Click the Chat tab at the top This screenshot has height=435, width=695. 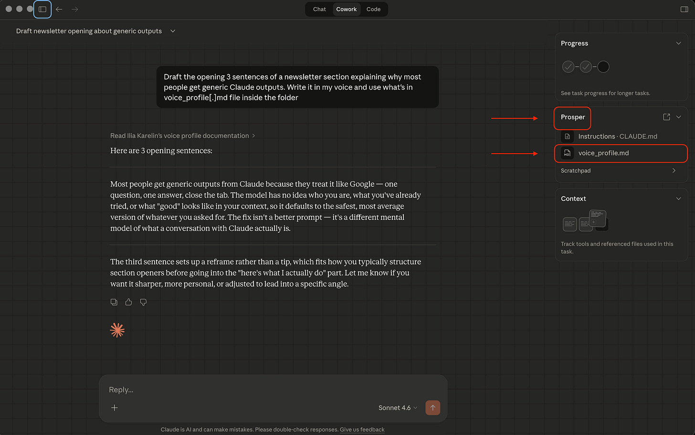(x=319, y=10)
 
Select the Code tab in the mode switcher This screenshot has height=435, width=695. (x=373, y=10)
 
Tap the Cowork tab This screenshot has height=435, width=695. (x=346, y=10)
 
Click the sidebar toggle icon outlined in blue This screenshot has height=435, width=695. (x=42, y=10)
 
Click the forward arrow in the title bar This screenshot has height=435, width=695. (x=75, y=10)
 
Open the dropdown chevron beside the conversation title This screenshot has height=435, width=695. (x=173, y=31)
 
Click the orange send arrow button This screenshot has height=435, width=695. (x=432, y=407)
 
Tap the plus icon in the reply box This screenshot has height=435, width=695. (x=115, y=408)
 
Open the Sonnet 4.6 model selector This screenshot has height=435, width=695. (x=398, y=408)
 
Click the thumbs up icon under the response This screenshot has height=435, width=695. (x=128, y=302)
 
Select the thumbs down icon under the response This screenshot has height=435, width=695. (x=143, y=302)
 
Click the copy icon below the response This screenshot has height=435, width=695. (x=114, y=302)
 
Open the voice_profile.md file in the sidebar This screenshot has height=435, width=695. (x=603, y=153)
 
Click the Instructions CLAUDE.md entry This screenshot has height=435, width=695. (x=618, y=136)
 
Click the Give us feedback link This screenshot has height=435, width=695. (x=362, y=429)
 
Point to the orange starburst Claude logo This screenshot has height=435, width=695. (x=117, y=330)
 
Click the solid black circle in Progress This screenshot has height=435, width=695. (x=603, y=67)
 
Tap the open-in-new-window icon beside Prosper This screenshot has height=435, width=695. (x=666, y=117)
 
